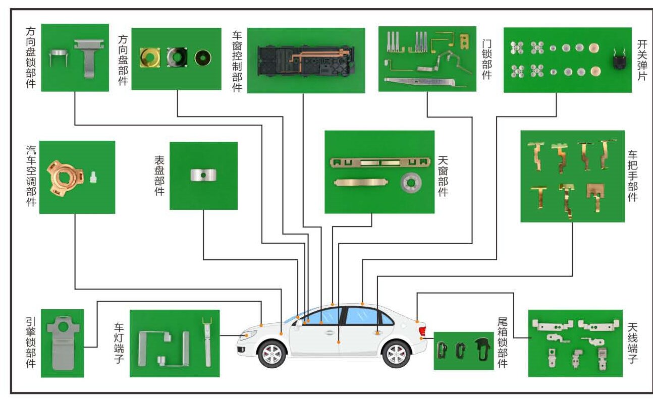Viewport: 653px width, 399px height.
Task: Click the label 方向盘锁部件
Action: pos(31,58)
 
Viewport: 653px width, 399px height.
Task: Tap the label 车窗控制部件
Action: pos(237,61)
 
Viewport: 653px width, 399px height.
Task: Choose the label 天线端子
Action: pos(633,344)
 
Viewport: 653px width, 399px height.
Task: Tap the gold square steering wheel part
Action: pos(150,58)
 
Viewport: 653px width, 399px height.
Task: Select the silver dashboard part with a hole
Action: pos(203,175)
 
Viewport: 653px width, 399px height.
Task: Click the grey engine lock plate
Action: pos(61,343)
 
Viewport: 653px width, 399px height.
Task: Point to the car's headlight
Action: pos(248,335)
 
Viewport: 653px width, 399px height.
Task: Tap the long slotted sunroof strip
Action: pos(379,162)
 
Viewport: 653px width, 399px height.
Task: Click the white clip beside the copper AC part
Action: pos(92,178)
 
